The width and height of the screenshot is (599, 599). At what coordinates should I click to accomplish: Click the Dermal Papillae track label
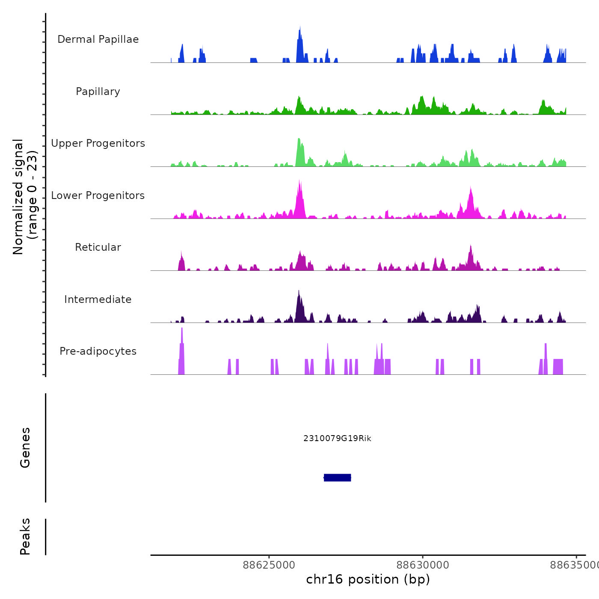pos(98,39)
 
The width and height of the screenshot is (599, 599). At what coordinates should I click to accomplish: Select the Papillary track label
pos(98,92)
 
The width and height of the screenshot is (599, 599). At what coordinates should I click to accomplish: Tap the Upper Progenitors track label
pos(98,143)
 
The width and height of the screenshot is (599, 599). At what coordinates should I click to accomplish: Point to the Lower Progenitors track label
pos(98,196)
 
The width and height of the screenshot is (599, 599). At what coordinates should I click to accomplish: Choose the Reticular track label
pos(98,247)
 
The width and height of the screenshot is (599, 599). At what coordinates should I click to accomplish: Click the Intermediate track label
pos(98,299)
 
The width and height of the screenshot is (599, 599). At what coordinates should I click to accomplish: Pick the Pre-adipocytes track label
pos(98,351)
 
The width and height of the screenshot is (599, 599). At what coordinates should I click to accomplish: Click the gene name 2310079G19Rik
pos(337,439)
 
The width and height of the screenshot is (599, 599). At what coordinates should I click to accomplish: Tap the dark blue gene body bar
pos(338,477)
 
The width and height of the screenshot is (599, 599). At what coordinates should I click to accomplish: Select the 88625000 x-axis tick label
pos(269,565)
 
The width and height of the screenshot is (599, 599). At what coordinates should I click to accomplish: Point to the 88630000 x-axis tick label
pos(423,565)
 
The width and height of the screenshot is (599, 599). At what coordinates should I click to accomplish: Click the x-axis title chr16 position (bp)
pos(368,579)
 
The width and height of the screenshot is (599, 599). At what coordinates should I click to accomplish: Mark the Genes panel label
pos(25,448)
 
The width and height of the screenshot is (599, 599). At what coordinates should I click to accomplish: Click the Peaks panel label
pos(25,537)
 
